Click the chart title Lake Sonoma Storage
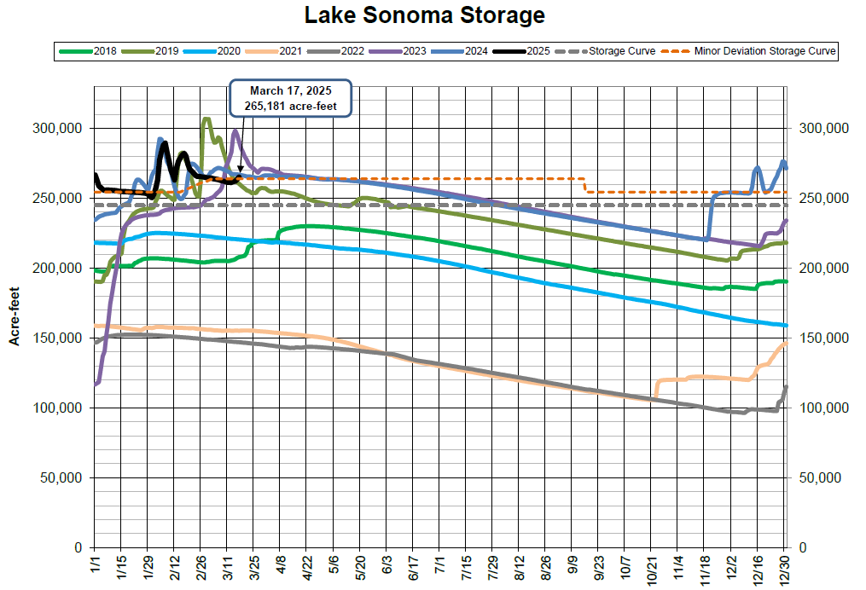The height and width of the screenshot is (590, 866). click(x=424, y=14)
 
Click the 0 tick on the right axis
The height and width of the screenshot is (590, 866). click(x=803, y=547)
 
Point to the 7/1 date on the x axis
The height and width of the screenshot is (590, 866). click(x=439, y=565)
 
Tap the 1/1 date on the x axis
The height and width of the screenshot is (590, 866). click(x=94, y=565)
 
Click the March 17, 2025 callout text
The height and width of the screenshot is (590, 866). click(x=291, y=90)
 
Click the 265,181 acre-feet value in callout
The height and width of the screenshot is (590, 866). click(x=291, y=107)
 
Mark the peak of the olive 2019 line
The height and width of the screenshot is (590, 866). click(x=206, y=119)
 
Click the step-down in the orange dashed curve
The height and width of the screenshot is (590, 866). click(x=585, y=185)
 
